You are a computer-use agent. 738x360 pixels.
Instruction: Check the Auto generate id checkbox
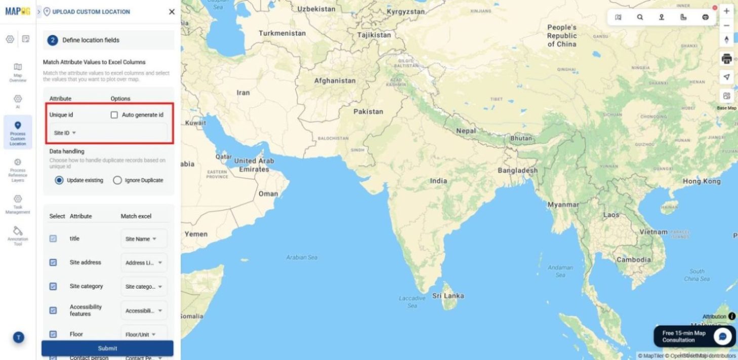click(x=114, y=115)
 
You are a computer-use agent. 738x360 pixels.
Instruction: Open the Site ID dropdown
click(x=65, y=133)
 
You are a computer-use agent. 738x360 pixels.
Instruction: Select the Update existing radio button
click(x=59, y=180)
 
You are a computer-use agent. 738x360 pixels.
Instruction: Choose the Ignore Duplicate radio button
click(x=117, y=180)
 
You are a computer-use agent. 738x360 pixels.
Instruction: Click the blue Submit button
click(x=107, y=348)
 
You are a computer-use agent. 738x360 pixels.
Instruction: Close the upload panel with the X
click(x=172, y=12)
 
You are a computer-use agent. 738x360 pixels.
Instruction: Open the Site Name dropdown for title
click(x=141, y=239)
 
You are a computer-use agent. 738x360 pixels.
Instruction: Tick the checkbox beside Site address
click(x=53, y=262)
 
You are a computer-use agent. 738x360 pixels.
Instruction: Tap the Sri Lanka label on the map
click(x=447, y=296)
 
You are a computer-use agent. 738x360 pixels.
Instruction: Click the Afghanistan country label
click(x=335, y=81)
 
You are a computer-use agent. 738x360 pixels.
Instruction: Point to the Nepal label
click(x=466, y=131)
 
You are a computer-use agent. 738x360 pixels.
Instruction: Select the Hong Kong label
click(x=701, y=181)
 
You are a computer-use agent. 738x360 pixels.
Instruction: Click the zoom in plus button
click(x=727, y=11)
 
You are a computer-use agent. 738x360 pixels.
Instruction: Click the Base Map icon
click(x=727, y=96)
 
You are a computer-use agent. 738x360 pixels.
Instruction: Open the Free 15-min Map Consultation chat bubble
click(x=722, y=337)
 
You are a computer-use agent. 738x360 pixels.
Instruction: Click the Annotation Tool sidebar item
click(x=18, y=235)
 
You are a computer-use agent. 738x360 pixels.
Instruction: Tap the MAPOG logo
click(x=18, y=11)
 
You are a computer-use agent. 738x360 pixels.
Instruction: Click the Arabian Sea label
click(x=302, y=257)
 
